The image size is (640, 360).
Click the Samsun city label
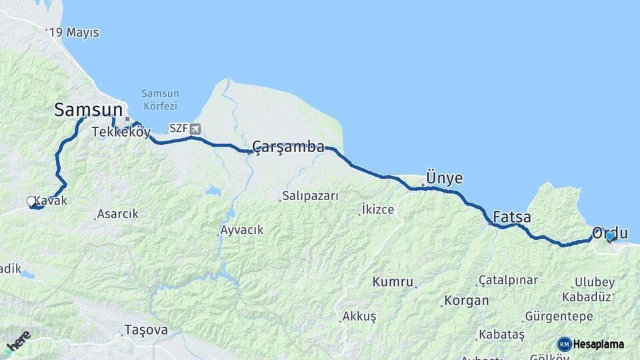(89, 110)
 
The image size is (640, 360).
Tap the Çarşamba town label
(289, 147)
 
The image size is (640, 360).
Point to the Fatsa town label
(512, 217)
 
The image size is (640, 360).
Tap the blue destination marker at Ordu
(609, 236)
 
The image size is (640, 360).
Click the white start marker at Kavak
(31, 201)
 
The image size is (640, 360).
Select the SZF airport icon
(194, 129)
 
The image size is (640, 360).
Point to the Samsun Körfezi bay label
(159, 99)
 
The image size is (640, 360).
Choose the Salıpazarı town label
(310, 196)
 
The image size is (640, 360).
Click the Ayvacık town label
(241, 230)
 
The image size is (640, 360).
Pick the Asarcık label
(117, 214)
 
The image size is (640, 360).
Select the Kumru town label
(393, 281)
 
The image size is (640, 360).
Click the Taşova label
(146, 329)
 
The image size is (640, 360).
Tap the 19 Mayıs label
(74, 32)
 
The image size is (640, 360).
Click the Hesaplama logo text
(598, 344)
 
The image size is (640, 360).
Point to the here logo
(18, 341)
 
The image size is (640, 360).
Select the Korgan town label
(466, 301)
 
